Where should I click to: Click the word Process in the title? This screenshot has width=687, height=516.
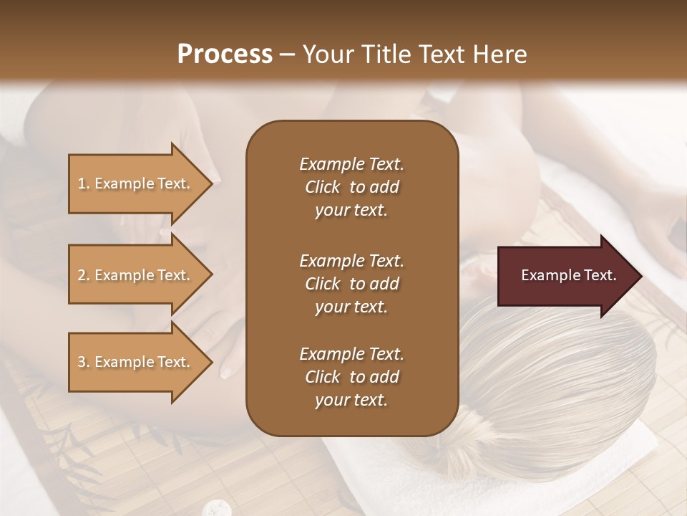pyautogui.click(x=225, y=54)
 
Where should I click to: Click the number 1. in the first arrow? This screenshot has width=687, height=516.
pyautogui.click(x=84, y=183)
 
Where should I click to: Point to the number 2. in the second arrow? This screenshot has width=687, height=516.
pyautogui.click(x=84, y=275)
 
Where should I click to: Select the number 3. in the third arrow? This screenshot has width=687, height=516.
pyautogui.click(x=84, y=362)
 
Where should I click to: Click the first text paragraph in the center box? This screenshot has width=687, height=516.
pyautogui.click(x=351, y=187)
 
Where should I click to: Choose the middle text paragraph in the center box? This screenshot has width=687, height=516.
pyautogui.click(x=351, y=284)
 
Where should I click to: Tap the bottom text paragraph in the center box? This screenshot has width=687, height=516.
pyautogui.click(x=351, y=377)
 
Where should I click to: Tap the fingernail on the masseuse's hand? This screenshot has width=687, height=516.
pyautogui.click(x=227, y=371)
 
